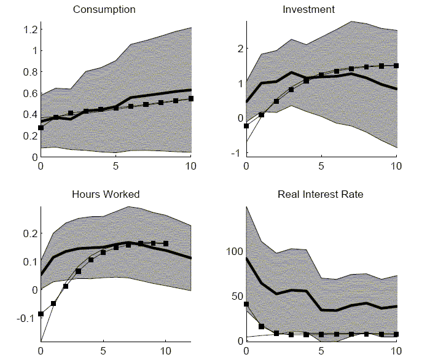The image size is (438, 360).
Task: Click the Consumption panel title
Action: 104,10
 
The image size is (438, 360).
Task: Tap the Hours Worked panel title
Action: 106,195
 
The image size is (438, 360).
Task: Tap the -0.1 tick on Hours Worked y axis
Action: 24,318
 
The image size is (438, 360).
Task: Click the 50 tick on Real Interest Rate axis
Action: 236,296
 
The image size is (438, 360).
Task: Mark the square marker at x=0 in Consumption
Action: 41,128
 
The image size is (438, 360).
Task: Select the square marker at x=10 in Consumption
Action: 191,98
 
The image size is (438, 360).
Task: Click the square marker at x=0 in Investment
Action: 246,126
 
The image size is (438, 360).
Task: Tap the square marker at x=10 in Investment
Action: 396,66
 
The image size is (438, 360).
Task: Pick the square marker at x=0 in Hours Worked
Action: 41,314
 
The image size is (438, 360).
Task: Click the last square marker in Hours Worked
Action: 166,243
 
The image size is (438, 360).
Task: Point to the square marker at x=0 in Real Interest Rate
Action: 246,304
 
